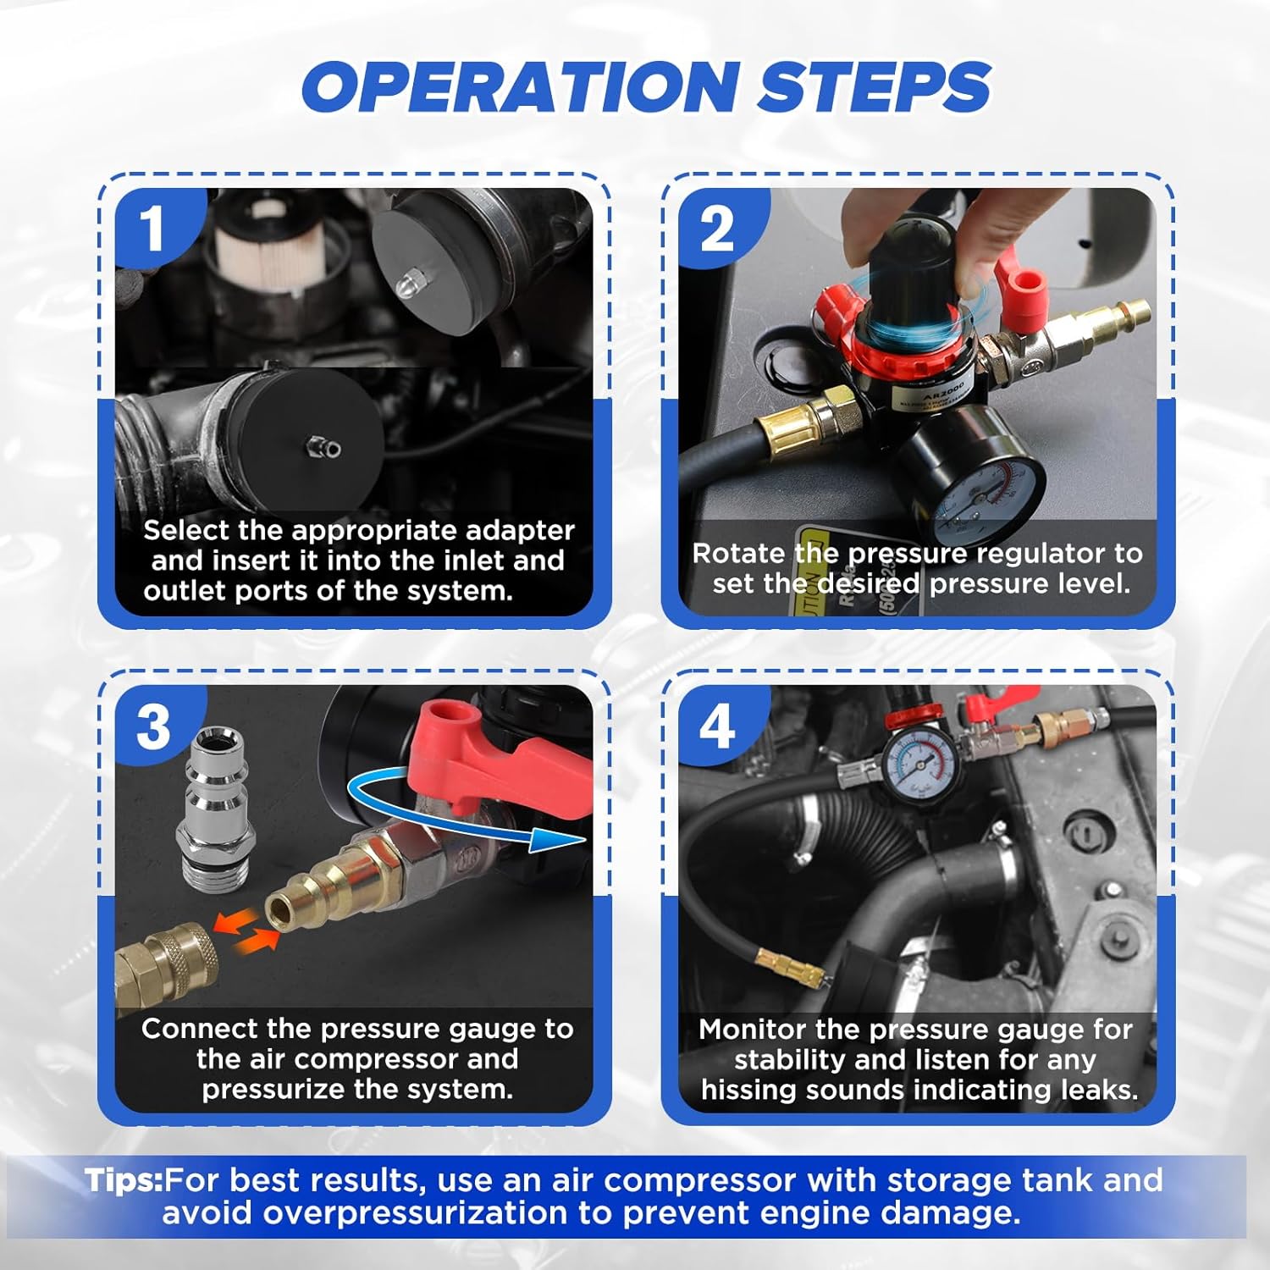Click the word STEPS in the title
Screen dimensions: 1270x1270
pos(873,87)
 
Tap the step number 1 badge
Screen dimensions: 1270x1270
pos(152,229)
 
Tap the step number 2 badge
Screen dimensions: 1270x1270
pos(716,229)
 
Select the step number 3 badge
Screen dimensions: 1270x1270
pos(152,726)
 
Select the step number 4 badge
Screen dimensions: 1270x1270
pos(716,726)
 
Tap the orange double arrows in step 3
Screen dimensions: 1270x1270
pos(245,928)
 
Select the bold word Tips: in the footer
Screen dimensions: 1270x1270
pos(124,1180)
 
